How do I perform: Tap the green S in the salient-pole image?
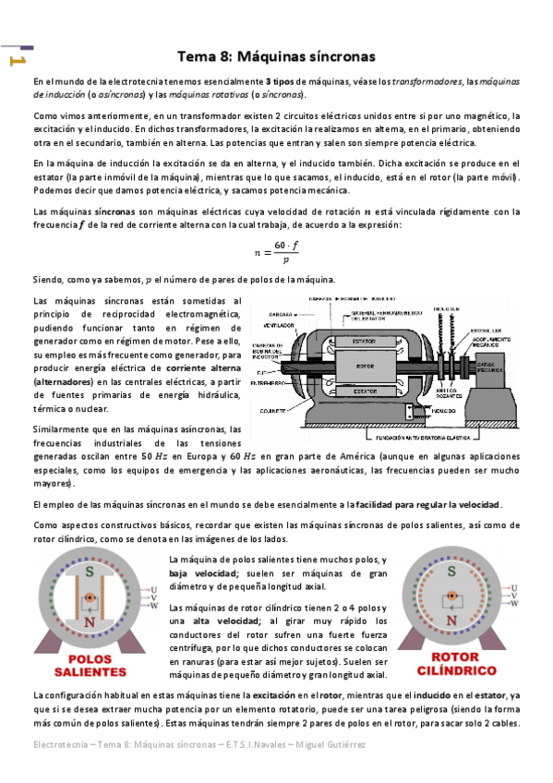(89, 572)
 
